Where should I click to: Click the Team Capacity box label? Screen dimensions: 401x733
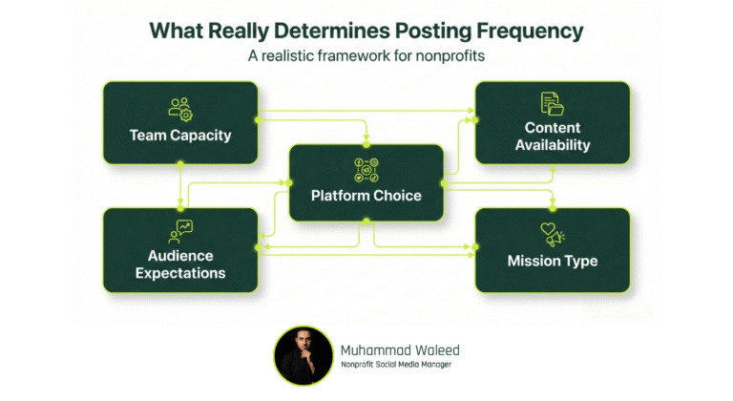click(x=180, y=136)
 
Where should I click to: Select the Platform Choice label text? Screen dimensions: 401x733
click(x=366, y=196)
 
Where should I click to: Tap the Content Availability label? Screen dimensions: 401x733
click(x=552, y=137)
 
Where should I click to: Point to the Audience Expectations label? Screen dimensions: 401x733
click(x=180, y=264)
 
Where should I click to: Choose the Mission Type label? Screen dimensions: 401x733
click(x=552, y=261)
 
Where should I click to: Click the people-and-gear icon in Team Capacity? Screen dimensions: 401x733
click(x=180, y=109)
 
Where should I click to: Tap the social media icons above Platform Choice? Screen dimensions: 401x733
click(x=366, y=170)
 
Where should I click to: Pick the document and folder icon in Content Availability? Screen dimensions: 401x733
click(x=552, y=103)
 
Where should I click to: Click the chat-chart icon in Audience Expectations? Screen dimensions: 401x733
click(x=180, y=230)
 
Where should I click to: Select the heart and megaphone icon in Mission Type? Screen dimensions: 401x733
click(x=552, y=234)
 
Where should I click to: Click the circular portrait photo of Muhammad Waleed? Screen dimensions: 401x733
click(x=304, y=355)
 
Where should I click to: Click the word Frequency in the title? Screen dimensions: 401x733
click(x=534, y=30)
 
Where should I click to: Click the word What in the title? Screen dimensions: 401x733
click(x=179, y=30)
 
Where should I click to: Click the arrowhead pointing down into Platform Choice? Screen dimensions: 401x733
click(x=366, y=140)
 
